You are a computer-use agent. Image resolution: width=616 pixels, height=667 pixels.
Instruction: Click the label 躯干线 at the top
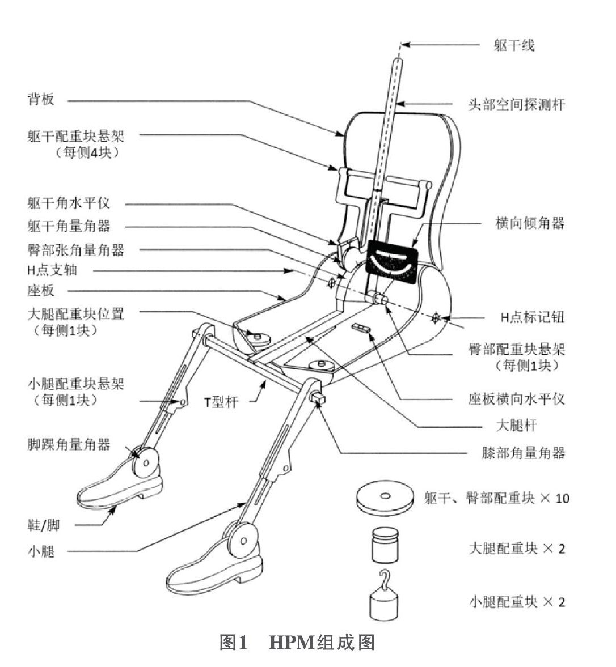514,45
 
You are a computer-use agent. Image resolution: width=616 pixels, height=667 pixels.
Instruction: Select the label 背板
40,100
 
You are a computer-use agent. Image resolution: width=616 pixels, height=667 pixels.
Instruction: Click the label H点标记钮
531,318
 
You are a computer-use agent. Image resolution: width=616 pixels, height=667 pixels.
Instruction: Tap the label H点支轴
52,270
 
